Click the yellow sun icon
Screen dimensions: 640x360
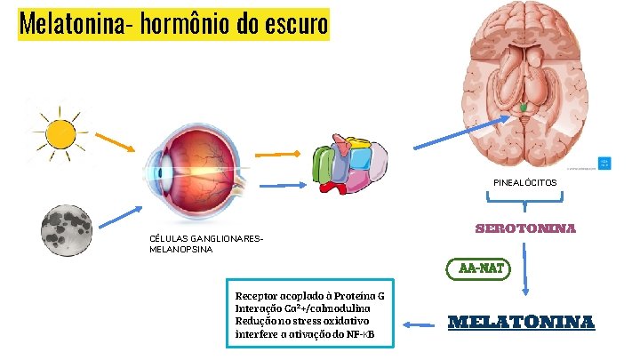pos(60,133)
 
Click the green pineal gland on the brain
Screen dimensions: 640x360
pos(524,108)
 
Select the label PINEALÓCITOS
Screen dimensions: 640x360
pos(526,182)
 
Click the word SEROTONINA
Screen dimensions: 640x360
pos(526,228)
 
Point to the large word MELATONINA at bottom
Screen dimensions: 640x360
pos(521,322)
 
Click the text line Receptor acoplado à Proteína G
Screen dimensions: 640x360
pos(308,294)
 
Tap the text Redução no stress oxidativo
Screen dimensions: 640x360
pos(302,320)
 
